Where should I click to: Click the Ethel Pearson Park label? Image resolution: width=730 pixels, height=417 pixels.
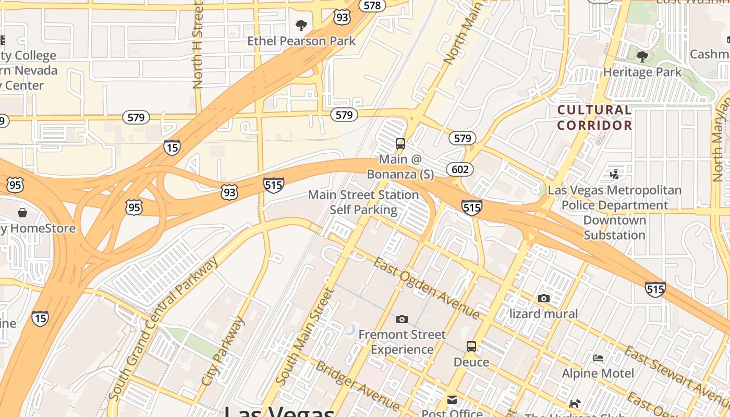tap(301, 41)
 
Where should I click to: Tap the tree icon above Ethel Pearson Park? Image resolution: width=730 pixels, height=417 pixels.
tap(301, 25)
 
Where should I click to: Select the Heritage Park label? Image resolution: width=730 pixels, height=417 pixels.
tap(642, 72)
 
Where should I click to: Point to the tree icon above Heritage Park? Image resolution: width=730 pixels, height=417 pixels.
tap(642, 56)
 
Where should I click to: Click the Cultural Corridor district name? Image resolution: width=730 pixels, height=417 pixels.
tap(594, 118)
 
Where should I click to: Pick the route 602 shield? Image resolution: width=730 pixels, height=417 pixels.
tap(460, 169)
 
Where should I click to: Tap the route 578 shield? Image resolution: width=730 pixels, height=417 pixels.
tap(372, 5)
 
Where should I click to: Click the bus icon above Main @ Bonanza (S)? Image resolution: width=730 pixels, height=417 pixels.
tap(400, 144)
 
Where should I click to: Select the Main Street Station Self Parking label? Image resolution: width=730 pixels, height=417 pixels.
tap(363, 202)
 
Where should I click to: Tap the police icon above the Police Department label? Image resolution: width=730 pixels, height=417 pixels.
tap(615, 175)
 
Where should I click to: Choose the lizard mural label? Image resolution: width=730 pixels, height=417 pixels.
tap(543, 314)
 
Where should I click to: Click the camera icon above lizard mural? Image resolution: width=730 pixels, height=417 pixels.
tap(544, 298)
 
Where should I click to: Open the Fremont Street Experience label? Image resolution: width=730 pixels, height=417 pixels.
tap(402, 342)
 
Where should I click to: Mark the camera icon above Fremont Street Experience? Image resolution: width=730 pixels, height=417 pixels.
tap(402, 319)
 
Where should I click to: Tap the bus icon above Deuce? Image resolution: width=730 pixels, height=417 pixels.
tap(471, 347)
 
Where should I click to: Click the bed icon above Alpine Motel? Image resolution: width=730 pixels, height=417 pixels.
tap(598, 358)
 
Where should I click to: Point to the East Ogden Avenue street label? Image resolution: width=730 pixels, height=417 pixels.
tap(427, 288)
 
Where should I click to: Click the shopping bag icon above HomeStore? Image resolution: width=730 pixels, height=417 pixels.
tap(22, 213)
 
